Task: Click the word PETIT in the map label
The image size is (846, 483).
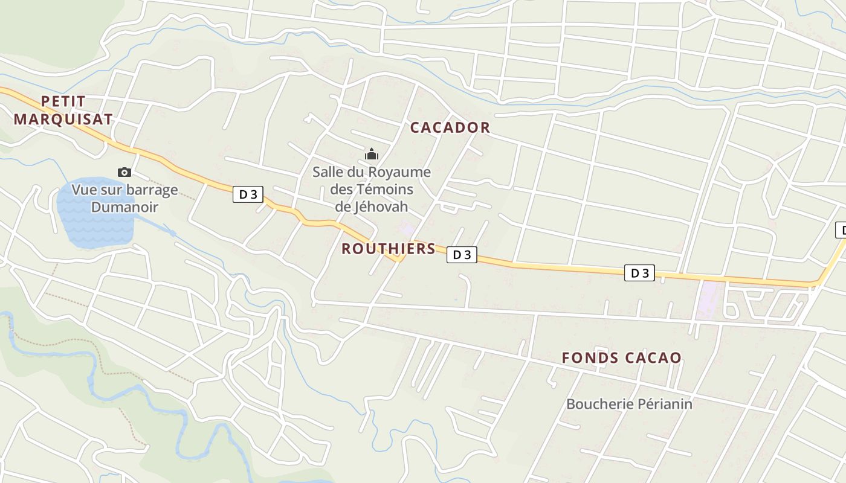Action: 63,101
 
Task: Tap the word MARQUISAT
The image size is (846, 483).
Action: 63,119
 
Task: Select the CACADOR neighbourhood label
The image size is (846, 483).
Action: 450,127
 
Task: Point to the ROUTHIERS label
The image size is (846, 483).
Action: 389,249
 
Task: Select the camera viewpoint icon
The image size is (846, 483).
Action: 124,173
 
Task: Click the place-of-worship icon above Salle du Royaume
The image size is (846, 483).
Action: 371,155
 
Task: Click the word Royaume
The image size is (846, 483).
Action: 402,172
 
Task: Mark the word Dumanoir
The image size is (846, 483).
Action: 124,207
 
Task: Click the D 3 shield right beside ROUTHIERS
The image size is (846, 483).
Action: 462,255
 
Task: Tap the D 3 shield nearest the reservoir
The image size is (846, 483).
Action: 248,194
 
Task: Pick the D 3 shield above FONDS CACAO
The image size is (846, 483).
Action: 639,273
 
